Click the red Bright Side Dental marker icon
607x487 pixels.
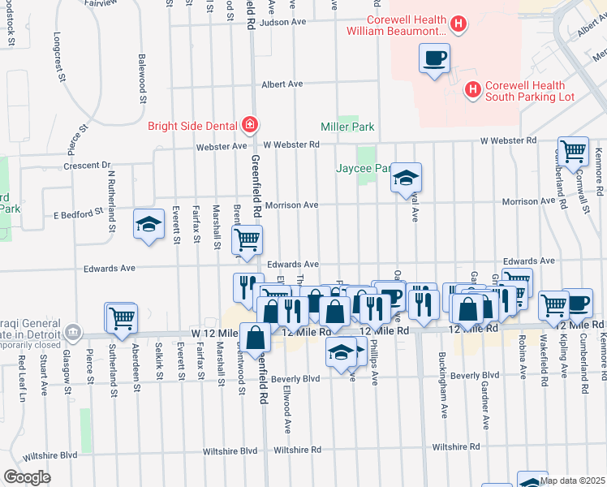click(251, 125)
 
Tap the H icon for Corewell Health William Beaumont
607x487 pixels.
click(458, 24)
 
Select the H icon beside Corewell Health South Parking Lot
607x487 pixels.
click(472, 88)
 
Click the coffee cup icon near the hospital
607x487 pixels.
click(434, 58)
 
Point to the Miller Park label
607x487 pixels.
click(347, 127)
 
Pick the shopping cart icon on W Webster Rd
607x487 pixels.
click(573, 151)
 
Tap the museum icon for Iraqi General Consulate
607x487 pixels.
click(73, 331)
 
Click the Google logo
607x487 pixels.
click(26, 477)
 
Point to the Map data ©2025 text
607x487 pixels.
click(573, 481)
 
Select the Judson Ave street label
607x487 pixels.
click(281, 23)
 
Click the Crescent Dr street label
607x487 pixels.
click(86, 166)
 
